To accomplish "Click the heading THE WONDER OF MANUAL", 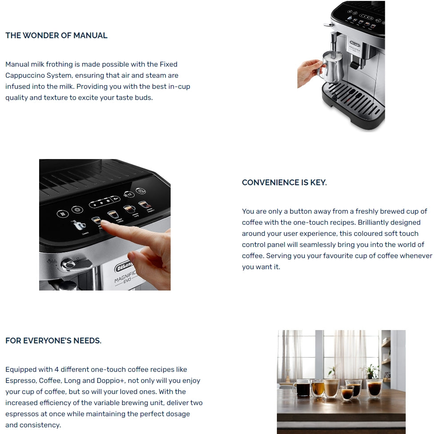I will pos(56,36).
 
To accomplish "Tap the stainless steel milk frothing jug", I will pos(330,67).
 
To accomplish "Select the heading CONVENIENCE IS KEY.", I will pos(284,183).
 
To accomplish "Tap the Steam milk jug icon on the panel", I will pos(80,225).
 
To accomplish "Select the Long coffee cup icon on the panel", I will pos(129,208).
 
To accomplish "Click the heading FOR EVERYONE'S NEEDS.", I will pos(53,341).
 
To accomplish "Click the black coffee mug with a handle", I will pos(302,388).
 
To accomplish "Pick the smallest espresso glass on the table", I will pos(347,393).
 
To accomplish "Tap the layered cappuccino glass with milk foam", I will pos(331,388).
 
